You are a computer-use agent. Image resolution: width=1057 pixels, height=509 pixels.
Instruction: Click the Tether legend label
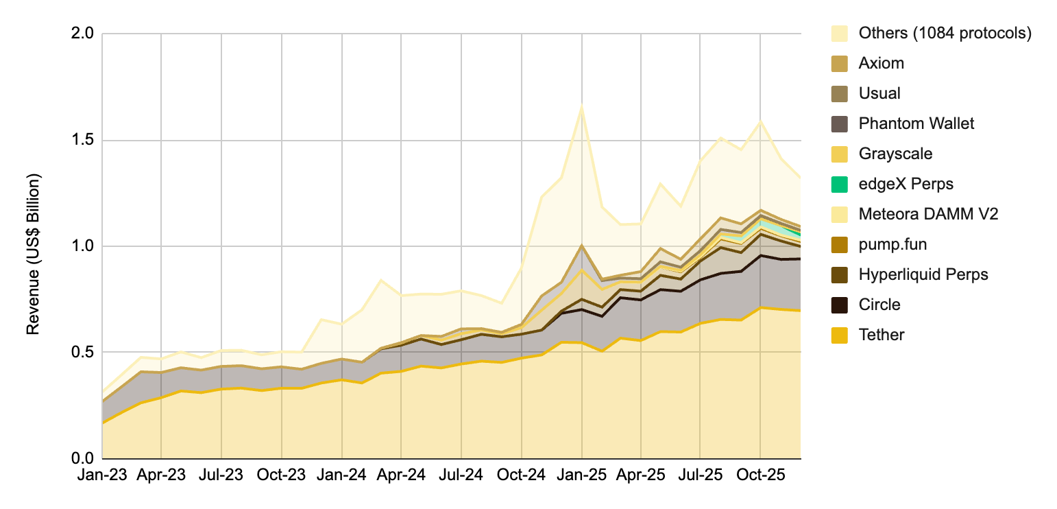tap(881, 335)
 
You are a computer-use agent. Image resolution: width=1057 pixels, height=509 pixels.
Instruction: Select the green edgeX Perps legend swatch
tap(840, 184)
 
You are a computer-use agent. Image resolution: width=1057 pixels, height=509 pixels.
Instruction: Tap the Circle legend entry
tap(879, 305)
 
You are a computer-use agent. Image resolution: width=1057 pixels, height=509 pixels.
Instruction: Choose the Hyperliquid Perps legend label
tap(923, 274)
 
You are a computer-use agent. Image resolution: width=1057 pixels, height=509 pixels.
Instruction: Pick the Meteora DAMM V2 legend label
tap(928, 214)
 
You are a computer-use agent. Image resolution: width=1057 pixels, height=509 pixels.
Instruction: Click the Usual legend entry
tap(879, 93)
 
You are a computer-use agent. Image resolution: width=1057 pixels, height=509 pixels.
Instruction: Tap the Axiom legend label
tap(881, 63)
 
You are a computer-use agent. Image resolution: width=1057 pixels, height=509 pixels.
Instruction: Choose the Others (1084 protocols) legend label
tap(945, 33)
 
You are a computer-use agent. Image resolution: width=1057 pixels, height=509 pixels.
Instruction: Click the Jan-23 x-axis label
tap(102, 475)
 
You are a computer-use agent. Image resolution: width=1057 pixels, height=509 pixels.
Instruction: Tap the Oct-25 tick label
tap(760, 475)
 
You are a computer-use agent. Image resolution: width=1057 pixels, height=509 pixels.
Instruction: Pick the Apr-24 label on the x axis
tap(401, 475)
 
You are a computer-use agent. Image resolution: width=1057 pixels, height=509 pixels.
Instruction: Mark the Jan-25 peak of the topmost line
tap(582, 105)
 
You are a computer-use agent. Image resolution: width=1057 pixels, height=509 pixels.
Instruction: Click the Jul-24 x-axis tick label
tap(461, 475)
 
